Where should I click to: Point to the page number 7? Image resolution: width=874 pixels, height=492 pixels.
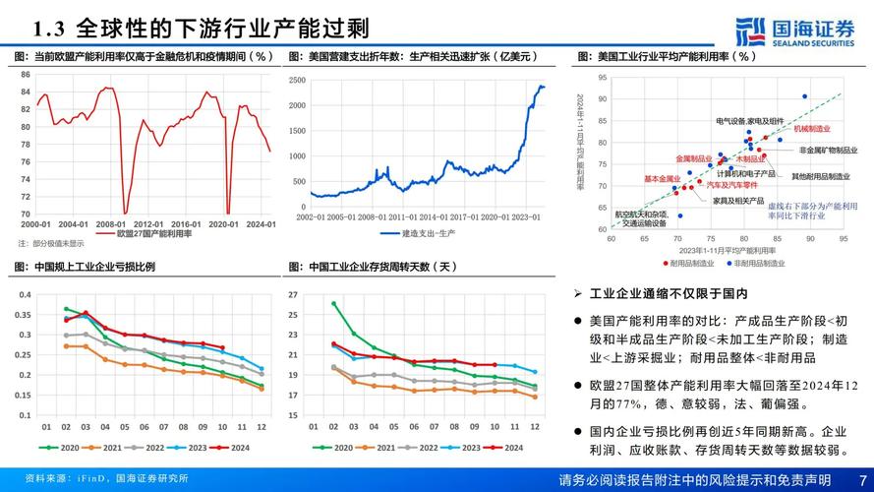tap(861, 479)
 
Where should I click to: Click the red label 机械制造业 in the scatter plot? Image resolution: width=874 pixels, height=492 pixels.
tap(812, 129)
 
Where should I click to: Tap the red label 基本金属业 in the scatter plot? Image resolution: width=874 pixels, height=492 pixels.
tap(661, 179)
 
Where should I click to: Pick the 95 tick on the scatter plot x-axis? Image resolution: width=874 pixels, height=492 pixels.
tap(843, 238)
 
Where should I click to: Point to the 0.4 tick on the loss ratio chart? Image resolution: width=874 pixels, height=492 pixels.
tap(25, 295)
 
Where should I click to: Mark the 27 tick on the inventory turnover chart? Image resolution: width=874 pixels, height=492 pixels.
tap(293, 295)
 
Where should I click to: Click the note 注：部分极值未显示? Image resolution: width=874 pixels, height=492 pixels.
tap(51, 244)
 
